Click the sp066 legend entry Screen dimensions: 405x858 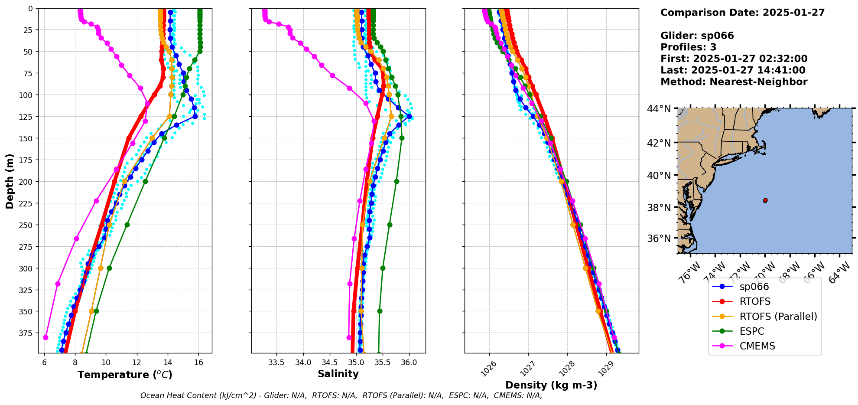754,287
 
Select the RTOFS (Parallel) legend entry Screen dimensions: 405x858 778,317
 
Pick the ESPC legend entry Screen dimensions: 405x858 752,331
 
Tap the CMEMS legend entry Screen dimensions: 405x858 757,346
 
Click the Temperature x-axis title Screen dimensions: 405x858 125,375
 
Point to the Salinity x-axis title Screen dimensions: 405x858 338,374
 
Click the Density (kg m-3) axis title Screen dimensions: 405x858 551,385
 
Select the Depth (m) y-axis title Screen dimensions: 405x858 10,181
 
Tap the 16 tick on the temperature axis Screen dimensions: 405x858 198,363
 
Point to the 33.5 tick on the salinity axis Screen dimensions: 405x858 276,363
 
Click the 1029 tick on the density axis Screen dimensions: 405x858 605,368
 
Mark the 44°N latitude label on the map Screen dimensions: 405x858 659,108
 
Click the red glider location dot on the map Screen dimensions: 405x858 765,200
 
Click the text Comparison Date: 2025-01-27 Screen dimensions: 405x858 742,13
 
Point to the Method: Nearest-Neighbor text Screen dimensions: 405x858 734,82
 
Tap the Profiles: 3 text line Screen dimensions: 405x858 688,47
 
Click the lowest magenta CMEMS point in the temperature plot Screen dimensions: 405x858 45,337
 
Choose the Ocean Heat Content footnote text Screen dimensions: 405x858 341,395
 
